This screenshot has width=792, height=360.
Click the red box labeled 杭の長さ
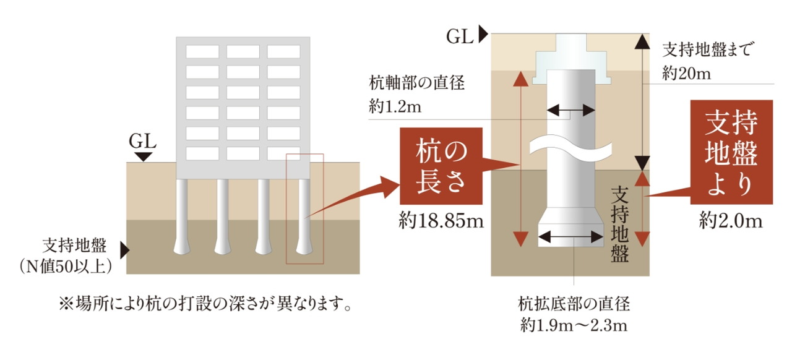tap(441, 166)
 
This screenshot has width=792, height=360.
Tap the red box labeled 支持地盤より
tap(731, 152)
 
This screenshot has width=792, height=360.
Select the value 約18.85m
tap(441, 221)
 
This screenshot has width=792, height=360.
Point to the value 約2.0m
tap(731, 221)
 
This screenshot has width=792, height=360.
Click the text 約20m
tap(686, 74)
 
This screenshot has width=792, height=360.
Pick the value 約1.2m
tap(395, 106)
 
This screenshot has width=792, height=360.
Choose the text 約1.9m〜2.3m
tap(574, 325)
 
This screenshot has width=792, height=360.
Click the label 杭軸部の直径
tap(416, 83)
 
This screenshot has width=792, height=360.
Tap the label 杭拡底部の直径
tap(574, 304)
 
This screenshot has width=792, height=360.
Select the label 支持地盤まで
tap(707, 50)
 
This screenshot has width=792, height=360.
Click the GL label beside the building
tap(142, 142)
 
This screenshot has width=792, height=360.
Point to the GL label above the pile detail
tap(460, 36)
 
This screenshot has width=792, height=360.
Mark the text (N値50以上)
tap(66, 266)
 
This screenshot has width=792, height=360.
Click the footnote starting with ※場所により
tap(205, 304)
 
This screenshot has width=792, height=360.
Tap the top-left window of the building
tap(202, 51)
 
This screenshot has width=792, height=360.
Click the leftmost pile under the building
tap(182, 216)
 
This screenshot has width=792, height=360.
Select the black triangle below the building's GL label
tap(143, 157)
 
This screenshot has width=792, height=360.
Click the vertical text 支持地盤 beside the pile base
tap(620, 225)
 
